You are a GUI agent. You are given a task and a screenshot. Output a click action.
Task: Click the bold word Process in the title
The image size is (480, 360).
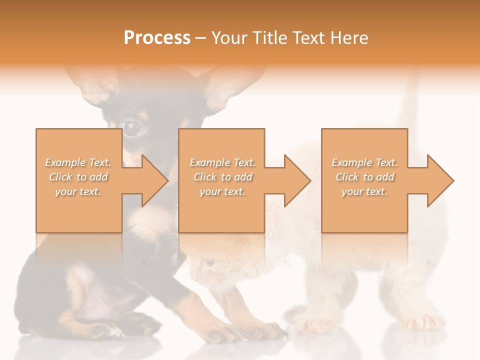[x=157, y=38]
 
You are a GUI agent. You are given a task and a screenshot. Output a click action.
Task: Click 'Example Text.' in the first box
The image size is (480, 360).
[x=78, y=162]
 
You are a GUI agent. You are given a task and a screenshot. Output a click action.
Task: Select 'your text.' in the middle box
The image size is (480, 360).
[x=222, y=192]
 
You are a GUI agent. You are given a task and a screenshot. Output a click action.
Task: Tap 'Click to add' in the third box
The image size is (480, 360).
[x=365, y=177]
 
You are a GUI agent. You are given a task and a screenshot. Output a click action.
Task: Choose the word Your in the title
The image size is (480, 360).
[x=229, y=38]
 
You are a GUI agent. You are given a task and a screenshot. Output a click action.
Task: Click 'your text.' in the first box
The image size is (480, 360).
[x=78, y=192]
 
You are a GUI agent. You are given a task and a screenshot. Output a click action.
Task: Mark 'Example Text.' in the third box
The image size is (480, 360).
[x=365, y=162]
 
